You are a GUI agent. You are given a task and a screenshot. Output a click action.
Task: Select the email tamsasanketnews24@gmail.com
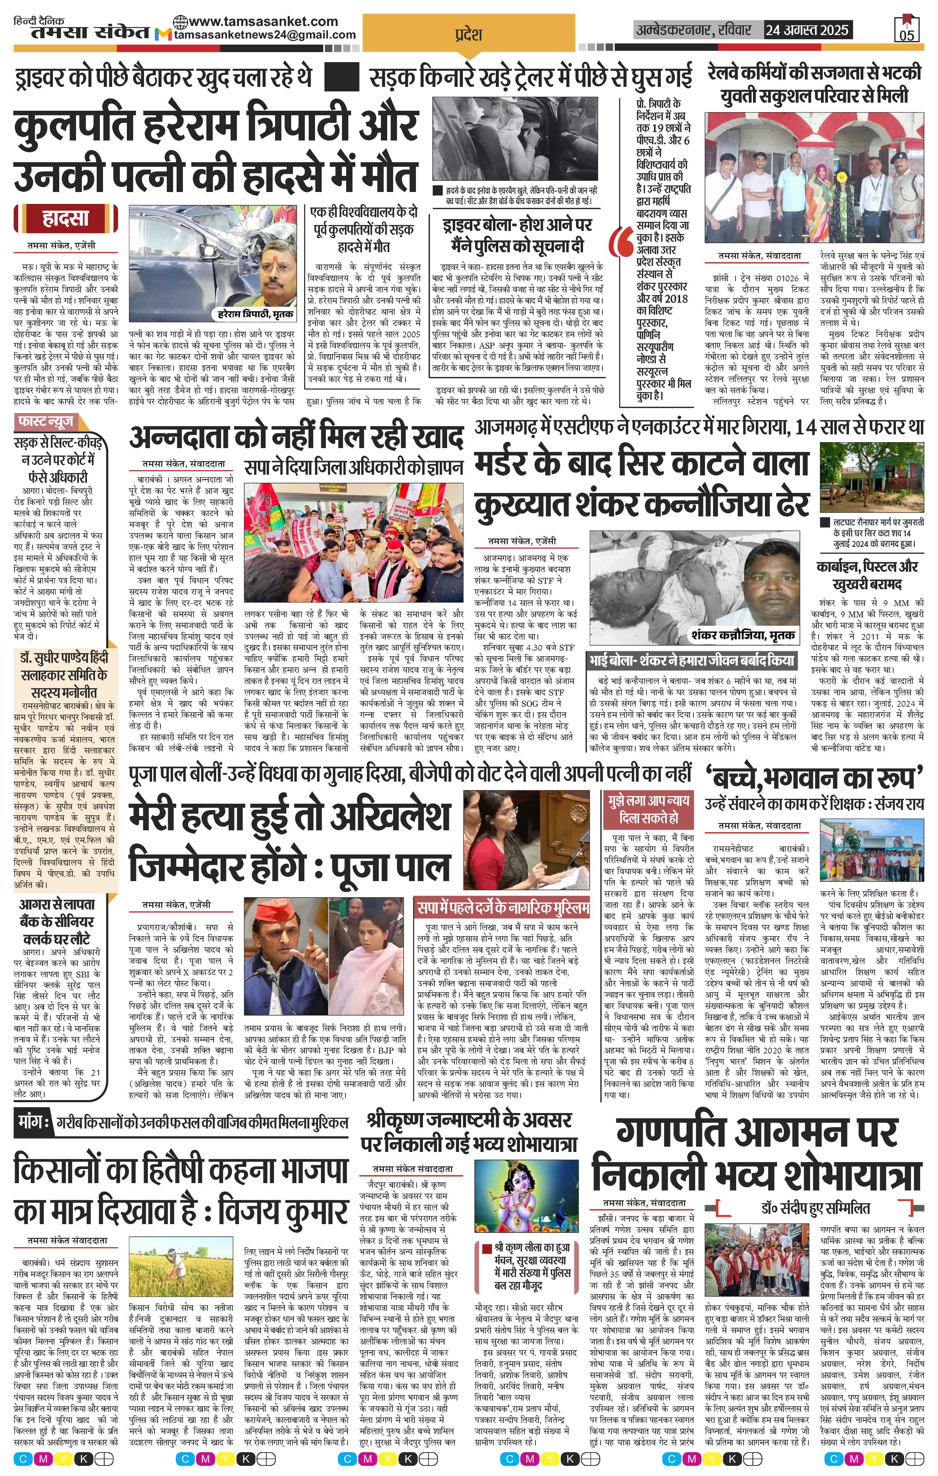pyautogui.click(x=265, y=35)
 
